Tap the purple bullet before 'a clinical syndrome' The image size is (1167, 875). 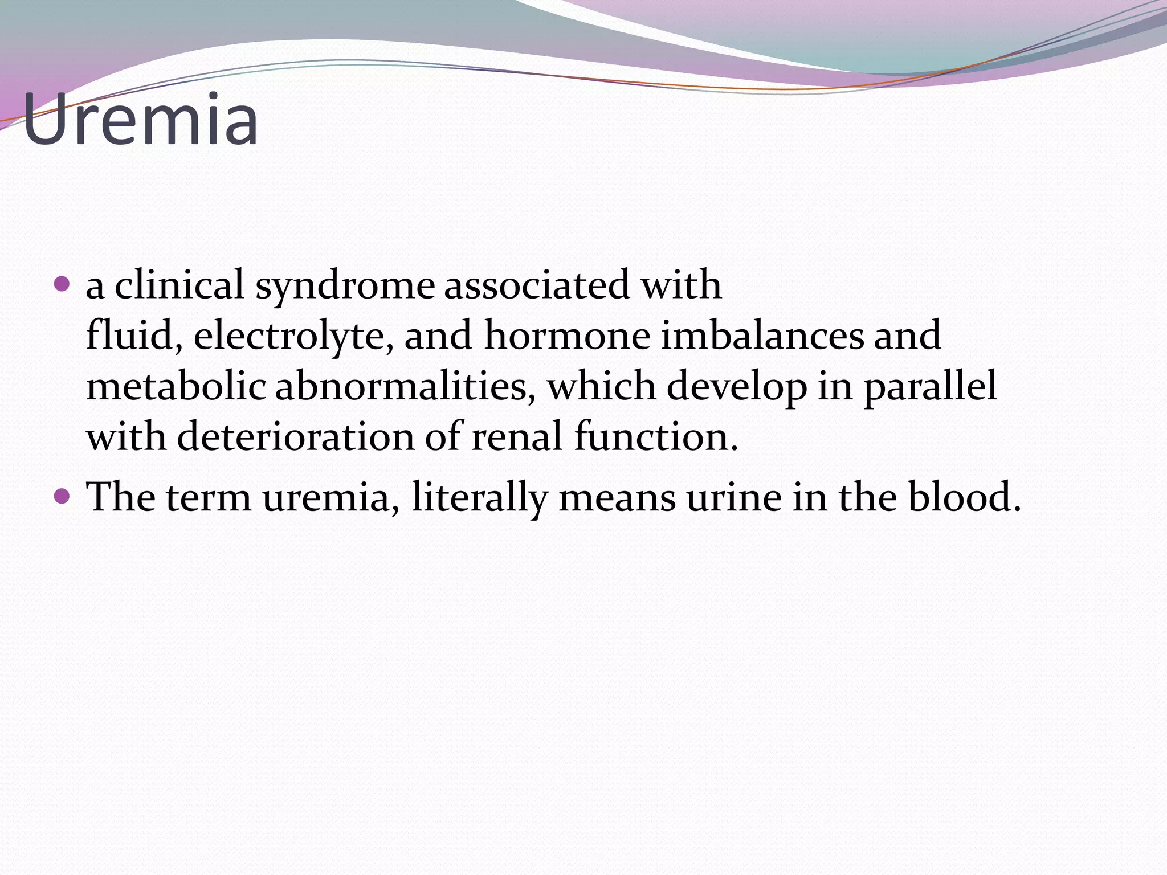coord(62,283)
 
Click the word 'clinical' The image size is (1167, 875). coord(179,284)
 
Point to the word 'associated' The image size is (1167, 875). coord(536,284)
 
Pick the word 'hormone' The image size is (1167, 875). coord(567,335)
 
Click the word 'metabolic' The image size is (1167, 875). coord(176,386)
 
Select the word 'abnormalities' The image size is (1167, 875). coord(405,386)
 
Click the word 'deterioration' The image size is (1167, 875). coord(296,436)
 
